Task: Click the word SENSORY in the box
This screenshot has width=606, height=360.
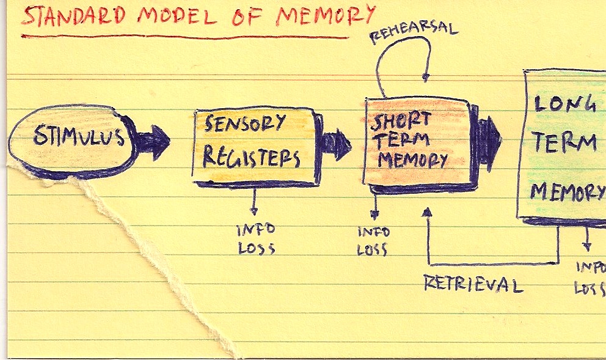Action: pyautogui.click(x=245, y=125)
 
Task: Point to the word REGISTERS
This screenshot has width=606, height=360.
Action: pyautogui.click(x=251, y=158)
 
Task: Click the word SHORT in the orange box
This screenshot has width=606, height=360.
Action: pyautogui.click(x=401, y=120)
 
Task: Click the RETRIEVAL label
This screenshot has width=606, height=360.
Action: pyautogui.click(x=474, y=285)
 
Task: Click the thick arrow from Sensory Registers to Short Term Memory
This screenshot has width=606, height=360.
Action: pyautogui.click(x=336, y=145)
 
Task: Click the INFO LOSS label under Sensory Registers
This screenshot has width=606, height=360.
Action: pyautogui.click(x=256, y=239)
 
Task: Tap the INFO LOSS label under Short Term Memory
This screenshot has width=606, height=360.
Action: pyautogui.click(x=373, y=241)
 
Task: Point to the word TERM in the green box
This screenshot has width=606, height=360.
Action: pyautogui.click(x=563, y=144)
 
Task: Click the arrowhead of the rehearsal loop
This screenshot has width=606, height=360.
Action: pyautogui.click(x=426, y=77)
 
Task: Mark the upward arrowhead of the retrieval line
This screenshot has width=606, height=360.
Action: pyautogui.click(x=428, y=212)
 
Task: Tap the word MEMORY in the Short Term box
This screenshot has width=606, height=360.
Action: pyautogui.click(x=413, y=160)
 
